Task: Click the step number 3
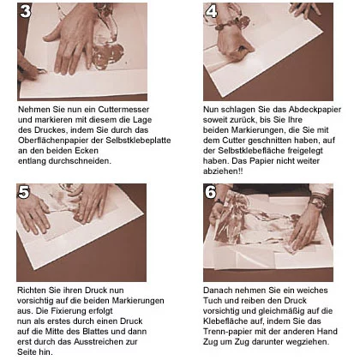tap(26, 11)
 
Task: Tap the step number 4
tap(212, 11)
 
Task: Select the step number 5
tap(24, 192)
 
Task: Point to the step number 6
tap(211, 192)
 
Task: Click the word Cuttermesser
tap(123, 110)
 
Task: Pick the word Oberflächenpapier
tap(61, 141)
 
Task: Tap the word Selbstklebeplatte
tap(138, 141)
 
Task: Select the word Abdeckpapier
tap(315, 110)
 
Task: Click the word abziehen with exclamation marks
tap(223, 171)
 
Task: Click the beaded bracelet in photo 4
tap(232, 22)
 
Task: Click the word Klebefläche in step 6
tap(225, 321)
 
